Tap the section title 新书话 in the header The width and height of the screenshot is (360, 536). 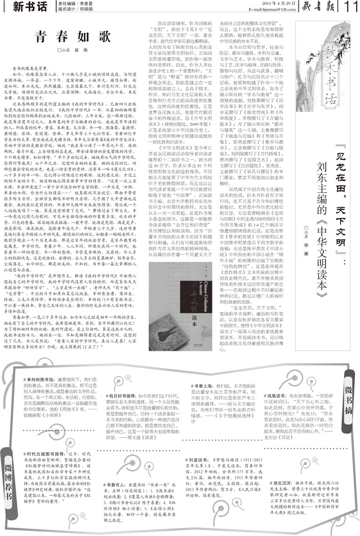click(30, 6)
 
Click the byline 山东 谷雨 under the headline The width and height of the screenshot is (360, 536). click(70, 50)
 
